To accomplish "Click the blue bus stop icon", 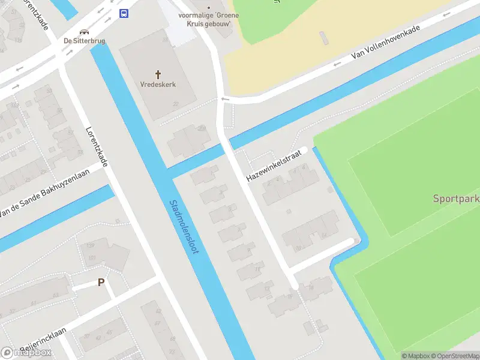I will point(124,14).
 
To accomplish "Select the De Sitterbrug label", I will point(85,41).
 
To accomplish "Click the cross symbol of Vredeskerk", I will point(158,74).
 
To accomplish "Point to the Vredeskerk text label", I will point(158,85).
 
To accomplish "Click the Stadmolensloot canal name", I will point(184,227).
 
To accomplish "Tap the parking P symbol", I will point(101,282).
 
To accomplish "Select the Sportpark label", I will point(456,199).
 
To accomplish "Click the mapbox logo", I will point(26,352).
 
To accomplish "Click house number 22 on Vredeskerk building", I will point(176,104).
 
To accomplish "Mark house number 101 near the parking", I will point(92,258).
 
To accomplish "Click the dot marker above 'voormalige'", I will point(209,8).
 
